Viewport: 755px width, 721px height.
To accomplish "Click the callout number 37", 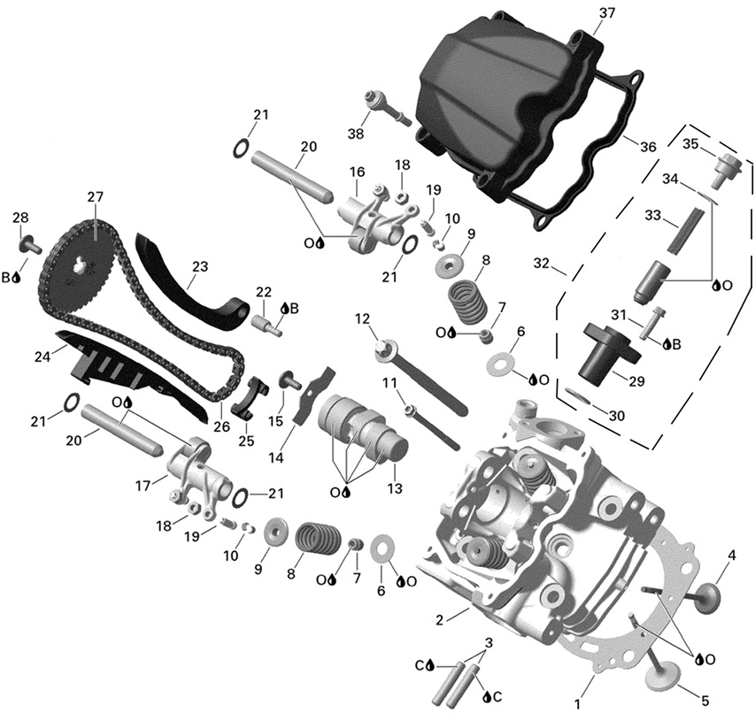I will pyautogui.click(x=606, y=13).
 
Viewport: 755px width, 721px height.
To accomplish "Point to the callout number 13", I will pyautogui.click(x=391, y=488).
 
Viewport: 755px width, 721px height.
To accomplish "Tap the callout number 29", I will pyautogui.click(x=636, y=382).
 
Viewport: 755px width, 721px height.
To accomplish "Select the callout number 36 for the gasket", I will pyautogui.click(x=648, y=147).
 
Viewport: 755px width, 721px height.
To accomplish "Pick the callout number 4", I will pyautogui.click(x=732, y=556).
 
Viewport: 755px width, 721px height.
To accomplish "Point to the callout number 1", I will pyautogui.click(x=579, y=705).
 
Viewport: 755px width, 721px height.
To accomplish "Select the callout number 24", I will pyautogui.click(x=40, y=358).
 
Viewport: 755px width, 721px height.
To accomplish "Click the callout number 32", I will pyautogui.click(x=541, y=263).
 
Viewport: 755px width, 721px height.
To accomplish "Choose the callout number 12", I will pyautogui.click(x=361, y=318).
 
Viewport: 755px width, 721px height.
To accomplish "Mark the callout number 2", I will pyautogui.click(x=439, y=618).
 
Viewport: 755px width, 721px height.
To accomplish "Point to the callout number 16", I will pyautogui.click(x=357, y=172).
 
